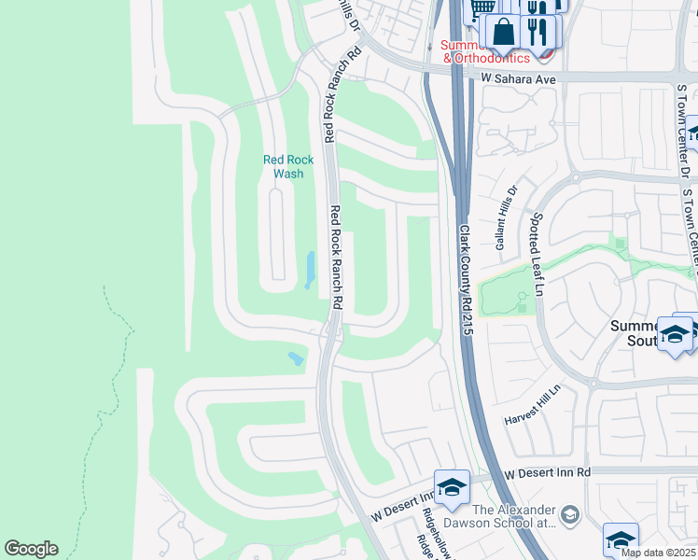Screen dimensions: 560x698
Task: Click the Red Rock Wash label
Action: click(x=288, y=166)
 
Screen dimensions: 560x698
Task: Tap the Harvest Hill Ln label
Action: click(x=534, y=402)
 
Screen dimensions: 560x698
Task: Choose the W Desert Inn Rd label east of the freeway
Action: click(x=548, y=474)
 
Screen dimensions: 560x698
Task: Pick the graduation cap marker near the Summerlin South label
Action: click(x=675, y=334)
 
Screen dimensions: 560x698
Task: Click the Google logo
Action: click(x=31, y=549)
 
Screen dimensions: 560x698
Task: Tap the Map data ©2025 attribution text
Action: click(x=658, y=553)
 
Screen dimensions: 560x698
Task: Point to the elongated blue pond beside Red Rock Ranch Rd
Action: click(x=309, y=269)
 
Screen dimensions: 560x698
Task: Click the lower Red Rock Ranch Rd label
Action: click(x=337, y=259)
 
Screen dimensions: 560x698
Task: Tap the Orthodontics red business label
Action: click(x=493, y=58)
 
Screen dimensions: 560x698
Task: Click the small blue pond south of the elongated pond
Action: click(x=296, y=358)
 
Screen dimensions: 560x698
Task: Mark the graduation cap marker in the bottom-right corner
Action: click(x=621, y=539)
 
